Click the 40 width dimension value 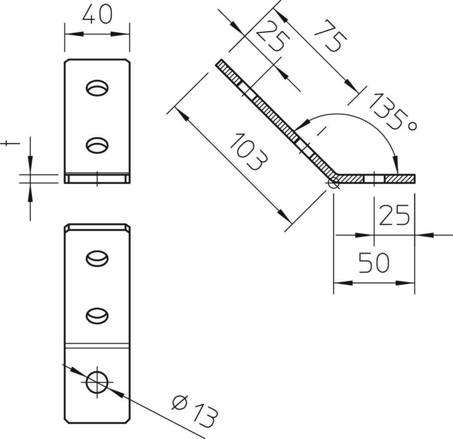(97, 14)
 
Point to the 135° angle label (393, 111)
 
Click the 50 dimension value (374, 262)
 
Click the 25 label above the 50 (394, 215)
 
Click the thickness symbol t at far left (10, 143)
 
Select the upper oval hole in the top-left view (97, 88)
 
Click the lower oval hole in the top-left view (97, 145)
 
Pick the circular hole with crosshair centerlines (97, 382)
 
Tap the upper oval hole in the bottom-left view (97, 258)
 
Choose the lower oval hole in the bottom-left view (97, 316)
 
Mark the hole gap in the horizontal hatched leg (374, 179)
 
